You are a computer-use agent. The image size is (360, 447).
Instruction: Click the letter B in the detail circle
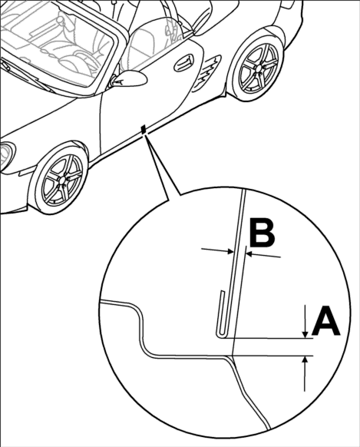click(262, 234)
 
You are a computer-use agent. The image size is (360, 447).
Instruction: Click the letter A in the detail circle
click(325, 320)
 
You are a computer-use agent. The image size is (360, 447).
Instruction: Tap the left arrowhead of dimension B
click(231, 251)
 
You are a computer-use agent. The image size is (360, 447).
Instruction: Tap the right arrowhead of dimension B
click(249, 253)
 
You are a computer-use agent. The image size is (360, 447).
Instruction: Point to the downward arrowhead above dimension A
click(305, 334)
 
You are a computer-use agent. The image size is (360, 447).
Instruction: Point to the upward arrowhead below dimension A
click(305, 360)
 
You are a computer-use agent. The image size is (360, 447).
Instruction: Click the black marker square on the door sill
click(144, 129)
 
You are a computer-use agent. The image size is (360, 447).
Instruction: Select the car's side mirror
click(130, 78)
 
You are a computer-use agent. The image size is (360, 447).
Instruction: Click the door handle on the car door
click(183, 63)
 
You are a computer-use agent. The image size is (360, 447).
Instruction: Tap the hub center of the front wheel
click(62, 180)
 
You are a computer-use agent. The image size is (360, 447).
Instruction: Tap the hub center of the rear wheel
click(258, 68)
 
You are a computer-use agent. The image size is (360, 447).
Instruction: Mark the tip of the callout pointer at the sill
click(145, 134)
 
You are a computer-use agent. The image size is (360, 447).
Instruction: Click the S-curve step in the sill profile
click(141, 328)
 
